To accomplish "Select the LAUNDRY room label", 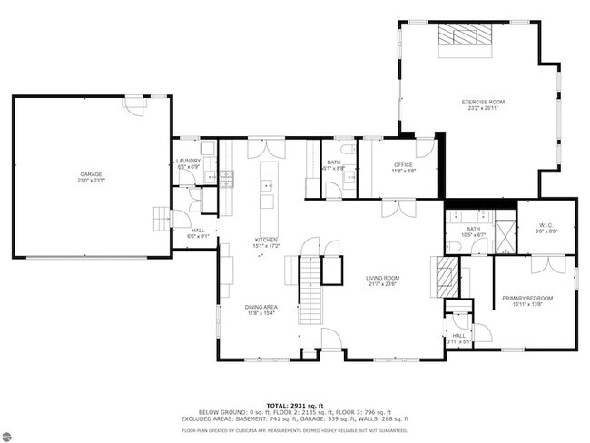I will [188, 161].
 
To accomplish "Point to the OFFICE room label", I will [403, 164].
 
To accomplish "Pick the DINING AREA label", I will [261, 307].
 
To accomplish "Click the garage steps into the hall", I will [162, 219].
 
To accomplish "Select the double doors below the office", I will [392, 209].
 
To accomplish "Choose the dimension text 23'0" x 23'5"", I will [92, 181].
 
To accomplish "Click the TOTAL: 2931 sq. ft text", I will [294, 403].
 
